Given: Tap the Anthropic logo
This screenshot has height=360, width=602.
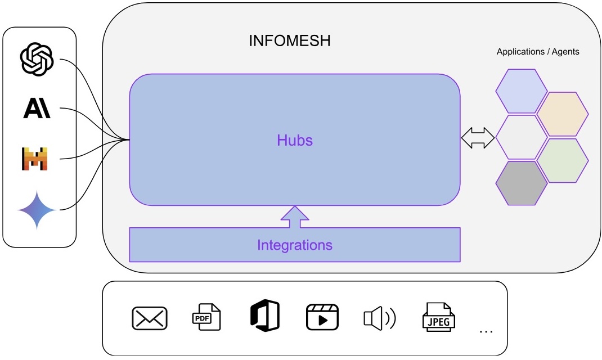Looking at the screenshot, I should coord(37,108).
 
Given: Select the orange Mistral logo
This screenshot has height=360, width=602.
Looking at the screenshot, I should coord(35,159).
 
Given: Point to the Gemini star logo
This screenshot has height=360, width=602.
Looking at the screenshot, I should coord(37,210).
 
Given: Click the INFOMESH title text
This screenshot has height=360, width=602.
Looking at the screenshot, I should coord(290,41).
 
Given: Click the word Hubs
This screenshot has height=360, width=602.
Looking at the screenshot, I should coord(294,140).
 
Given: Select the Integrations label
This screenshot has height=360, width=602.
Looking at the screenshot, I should coord(294,245).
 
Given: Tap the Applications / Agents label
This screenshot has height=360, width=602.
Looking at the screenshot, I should coord(538,52).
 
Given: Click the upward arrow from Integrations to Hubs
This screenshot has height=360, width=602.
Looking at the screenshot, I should coord(294,217).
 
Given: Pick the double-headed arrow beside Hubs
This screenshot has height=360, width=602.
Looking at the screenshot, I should coord(478,137).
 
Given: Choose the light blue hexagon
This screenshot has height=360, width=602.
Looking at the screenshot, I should coord(521,91).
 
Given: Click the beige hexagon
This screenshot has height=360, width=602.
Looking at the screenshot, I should coord(563,114).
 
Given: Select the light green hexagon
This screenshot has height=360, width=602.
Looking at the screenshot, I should coord(563,160).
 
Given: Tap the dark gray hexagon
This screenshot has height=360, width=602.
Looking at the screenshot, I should coord(521,183).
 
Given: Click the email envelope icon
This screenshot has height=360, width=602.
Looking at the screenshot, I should coord(150,318).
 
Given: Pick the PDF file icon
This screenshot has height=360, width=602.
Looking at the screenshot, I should coord(206,316).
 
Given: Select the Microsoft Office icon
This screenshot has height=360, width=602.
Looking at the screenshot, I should coord(264,315).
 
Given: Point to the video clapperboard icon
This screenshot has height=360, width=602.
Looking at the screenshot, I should coord(322,317).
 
